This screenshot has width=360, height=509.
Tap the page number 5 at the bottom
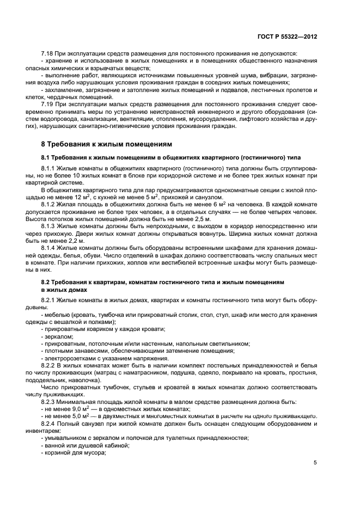(315, 462)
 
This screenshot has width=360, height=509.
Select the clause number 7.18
(48, 53)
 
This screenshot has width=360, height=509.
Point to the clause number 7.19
(48, 103)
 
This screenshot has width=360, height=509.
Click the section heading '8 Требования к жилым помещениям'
(107, 144)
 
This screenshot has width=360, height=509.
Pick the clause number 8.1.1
(50, 169)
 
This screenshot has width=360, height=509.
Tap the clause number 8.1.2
(50, 204)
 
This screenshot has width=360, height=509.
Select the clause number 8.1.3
(50, 225)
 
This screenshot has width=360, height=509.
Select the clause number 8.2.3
(50, 401)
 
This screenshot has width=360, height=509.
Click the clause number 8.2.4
(50, 423)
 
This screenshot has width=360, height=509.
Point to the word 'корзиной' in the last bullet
(58, 451)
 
